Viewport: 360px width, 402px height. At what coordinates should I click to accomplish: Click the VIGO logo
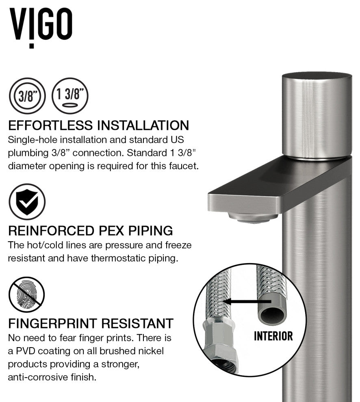[x=41, y=27]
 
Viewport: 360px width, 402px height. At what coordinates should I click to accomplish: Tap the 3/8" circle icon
[x=27, y=96]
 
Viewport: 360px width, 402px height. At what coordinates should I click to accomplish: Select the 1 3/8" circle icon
[x=70, y=96]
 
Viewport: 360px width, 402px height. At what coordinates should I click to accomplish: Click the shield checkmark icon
[x=27, y=201]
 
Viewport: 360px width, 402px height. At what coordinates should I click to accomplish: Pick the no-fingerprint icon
[x=27, y=294]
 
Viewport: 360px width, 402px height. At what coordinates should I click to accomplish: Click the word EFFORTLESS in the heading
[x=50, y=125]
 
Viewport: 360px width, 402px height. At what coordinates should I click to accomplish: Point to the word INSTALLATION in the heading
[x=143, y=125]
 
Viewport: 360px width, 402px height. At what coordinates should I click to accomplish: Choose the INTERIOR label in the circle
[x=273, y=336]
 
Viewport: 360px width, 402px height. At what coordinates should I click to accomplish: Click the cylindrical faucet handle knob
[x=317, y=116]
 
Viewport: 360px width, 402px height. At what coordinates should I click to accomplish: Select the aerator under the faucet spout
[x=252, y=217]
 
